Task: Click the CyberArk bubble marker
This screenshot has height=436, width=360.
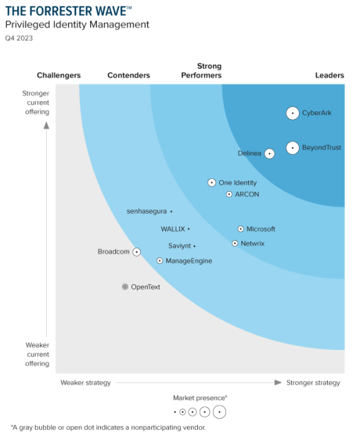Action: click(x=293, y=113)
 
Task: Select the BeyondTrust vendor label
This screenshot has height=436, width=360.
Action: click(x=322, y=147)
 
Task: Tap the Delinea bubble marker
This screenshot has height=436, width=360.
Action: click(x=269, y=153)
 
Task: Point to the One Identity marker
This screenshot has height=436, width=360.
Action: click(x=212, y=183)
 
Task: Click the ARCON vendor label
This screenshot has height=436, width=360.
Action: click(x=247, y=195)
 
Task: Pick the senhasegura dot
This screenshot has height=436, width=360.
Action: click(x=171, y=212)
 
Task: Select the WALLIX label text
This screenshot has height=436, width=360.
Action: click(x=172, y=229)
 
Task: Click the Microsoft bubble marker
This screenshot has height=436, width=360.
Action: click(x=240, y=229)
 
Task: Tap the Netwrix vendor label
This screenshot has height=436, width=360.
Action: click(x=253, y=243)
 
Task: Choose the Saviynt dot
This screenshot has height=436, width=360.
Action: click(x=194, y=246)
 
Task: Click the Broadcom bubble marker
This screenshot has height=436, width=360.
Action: click(x=137, y=252)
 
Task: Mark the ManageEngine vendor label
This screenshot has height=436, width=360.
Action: click(x=189, y=261)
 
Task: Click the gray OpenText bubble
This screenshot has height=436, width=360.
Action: click(x=125, y=287)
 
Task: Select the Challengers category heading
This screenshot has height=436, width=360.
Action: click(x=58, y=76)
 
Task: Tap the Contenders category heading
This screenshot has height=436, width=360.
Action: click(x=129, y=76)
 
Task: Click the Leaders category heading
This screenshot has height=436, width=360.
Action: click(x=329, y=76)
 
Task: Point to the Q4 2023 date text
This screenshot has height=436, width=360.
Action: click(x=19, y=39)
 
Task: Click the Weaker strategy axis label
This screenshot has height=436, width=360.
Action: click(x=85, y=383)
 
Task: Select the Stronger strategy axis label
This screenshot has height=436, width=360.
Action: click(x=313, y=383)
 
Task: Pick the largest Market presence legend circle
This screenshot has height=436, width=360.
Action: click(x=219, y=412)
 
